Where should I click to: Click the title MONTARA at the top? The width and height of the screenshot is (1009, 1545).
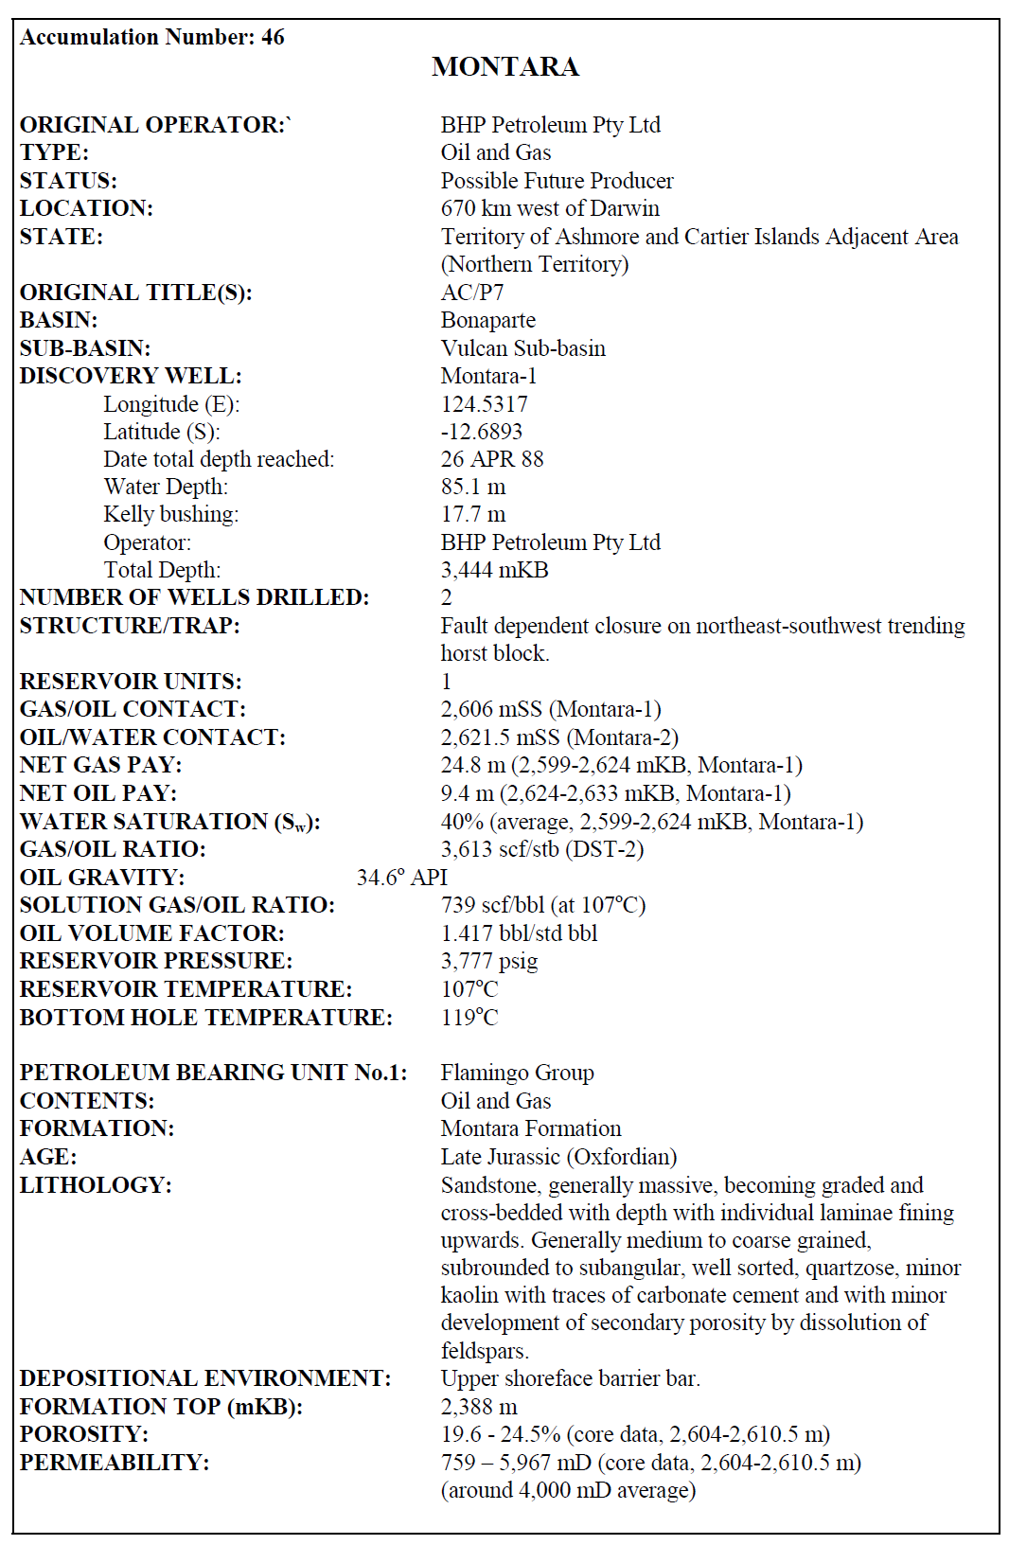coord(504,66)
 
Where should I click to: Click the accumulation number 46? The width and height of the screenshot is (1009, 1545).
coord(273,37)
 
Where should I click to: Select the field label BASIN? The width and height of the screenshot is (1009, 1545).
coord(59,320)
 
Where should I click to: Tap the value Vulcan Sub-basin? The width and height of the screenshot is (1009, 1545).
coord(522,348)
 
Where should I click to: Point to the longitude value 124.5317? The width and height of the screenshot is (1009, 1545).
coord(484,404)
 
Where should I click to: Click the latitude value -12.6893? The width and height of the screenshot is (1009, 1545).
coord(481,432)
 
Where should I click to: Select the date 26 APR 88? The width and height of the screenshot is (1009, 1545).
coord(491,459)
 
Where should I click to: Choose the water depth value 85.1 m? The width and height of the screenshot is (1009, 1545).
coord(472,487)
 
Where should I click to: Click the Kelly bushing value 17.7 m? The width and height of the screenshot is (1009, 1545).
coord(472,514)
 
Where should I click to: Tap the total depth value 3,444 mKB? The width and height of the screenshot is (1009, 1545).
coord(494,570)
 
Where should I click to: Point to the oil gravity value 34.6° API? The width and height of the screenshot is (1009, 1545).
coord(401,878)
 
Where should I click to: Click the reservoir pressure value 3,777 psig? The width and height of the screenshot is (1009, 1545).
coord(488,961)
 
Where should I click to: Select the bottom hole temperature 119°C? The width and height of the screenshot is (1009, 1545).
coord(469,1018)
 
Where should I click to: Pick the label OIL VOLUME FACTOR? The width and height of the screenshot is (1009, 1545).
coord(151,933)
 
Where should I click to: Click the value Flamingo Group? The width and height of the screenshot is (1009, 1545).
coord(517,1073)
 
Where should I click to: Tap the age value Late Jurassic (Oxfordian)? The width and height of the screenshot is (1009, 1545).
coord(558,1157)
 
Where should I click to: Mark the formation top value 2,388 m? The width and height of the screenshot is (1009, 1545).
coord(478,1407)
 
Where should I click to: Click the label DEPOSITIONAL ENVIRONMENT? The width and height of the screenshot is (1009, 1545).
coord(204,1378)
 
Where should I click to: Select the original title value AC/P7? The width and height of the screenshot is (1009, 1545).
coord(471,293)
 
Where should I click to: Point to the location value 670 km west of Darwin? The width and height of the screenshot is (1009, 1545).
coord(550,208)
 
